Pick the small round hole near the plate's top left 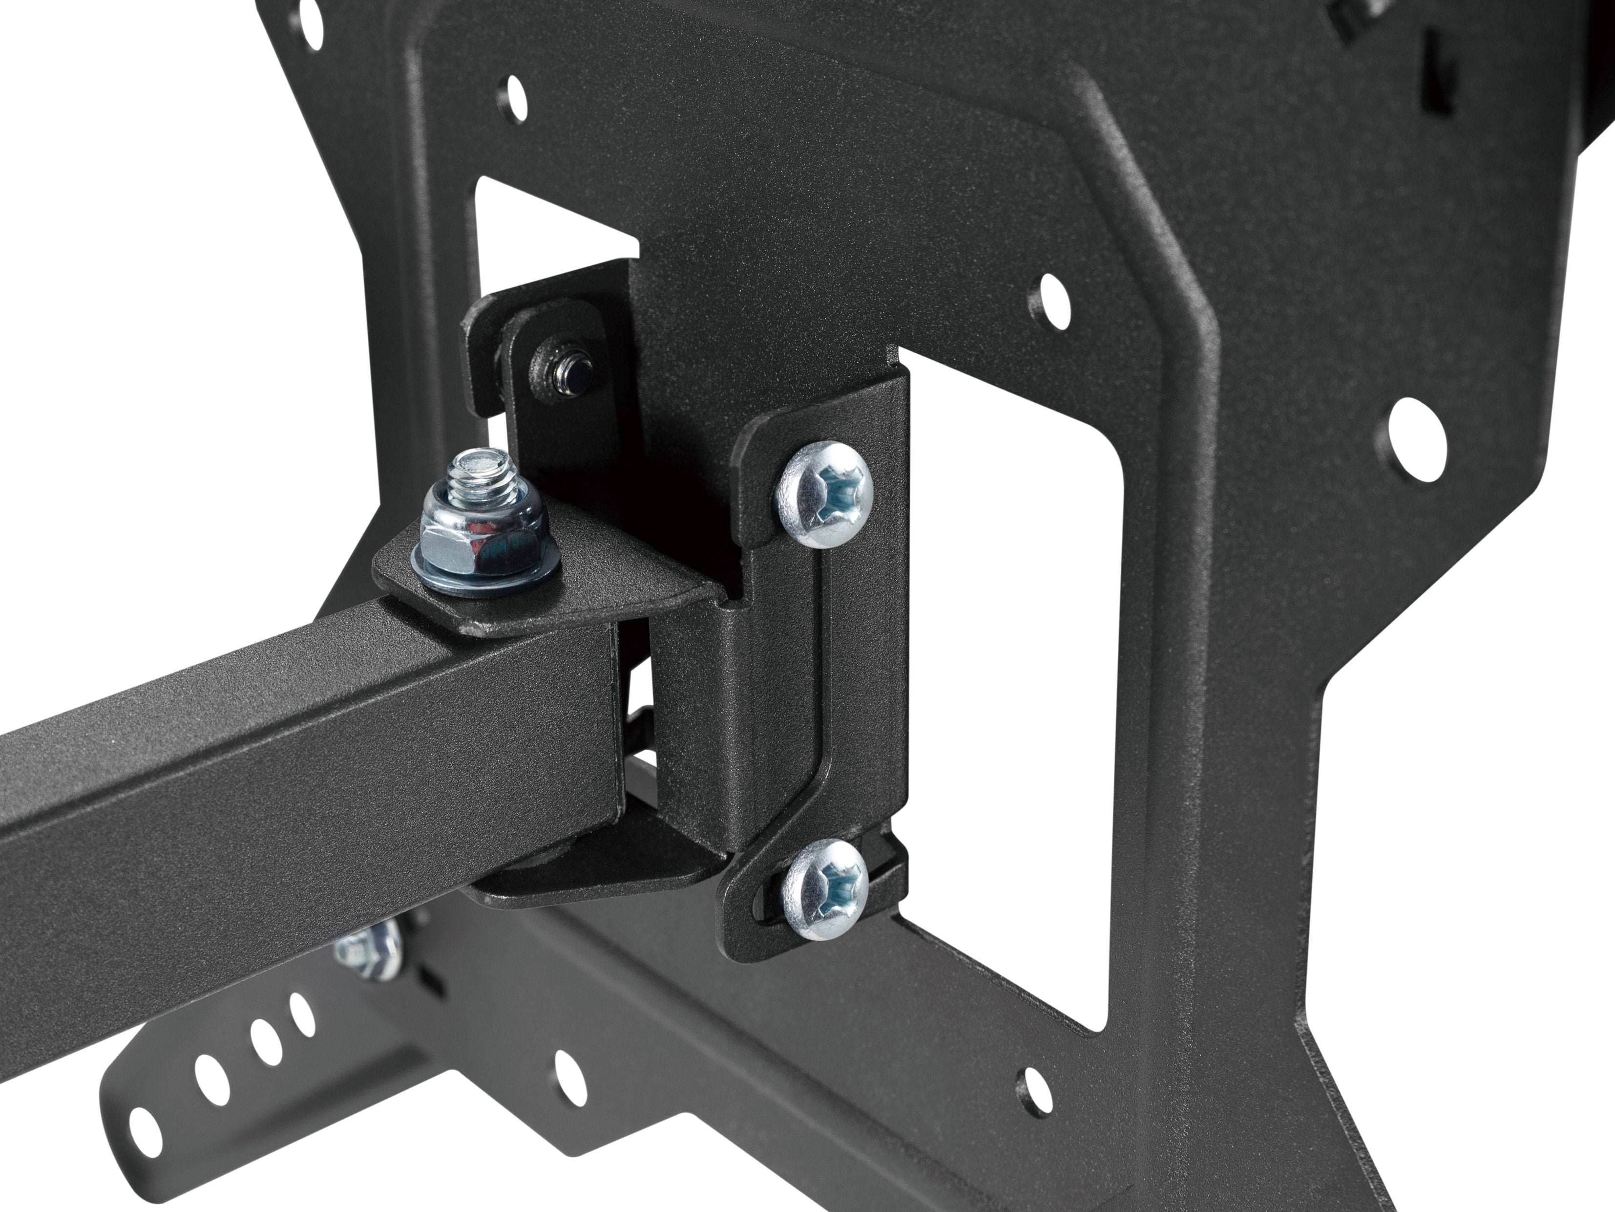point(515,91)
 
